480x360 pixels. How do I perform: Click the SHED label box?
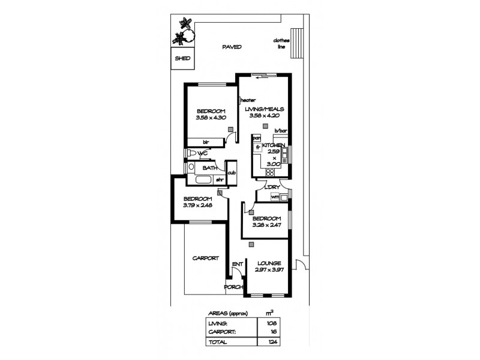[x=182, y=59]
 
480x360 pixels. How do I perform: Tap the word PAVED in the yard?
[x=230, y=47]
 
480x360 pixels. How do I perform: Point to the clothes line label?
[x=281, y=43]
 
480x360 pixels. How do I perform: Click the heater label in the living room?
[x=248, y=100]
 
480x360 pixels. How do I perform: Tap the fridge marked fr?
[x=257, y=146]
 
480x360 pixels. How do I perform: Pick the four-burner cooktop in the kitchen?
[x=269, y=172]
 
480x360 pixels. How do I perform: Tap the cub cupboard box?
[x=230, y=173]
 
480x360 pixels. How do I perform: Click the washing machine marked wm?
[x=275, y=197]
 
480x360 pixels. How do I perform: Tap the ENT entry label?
[x=237, y=264]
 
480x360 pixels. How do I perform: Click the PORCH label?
[x=233, y=287]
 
